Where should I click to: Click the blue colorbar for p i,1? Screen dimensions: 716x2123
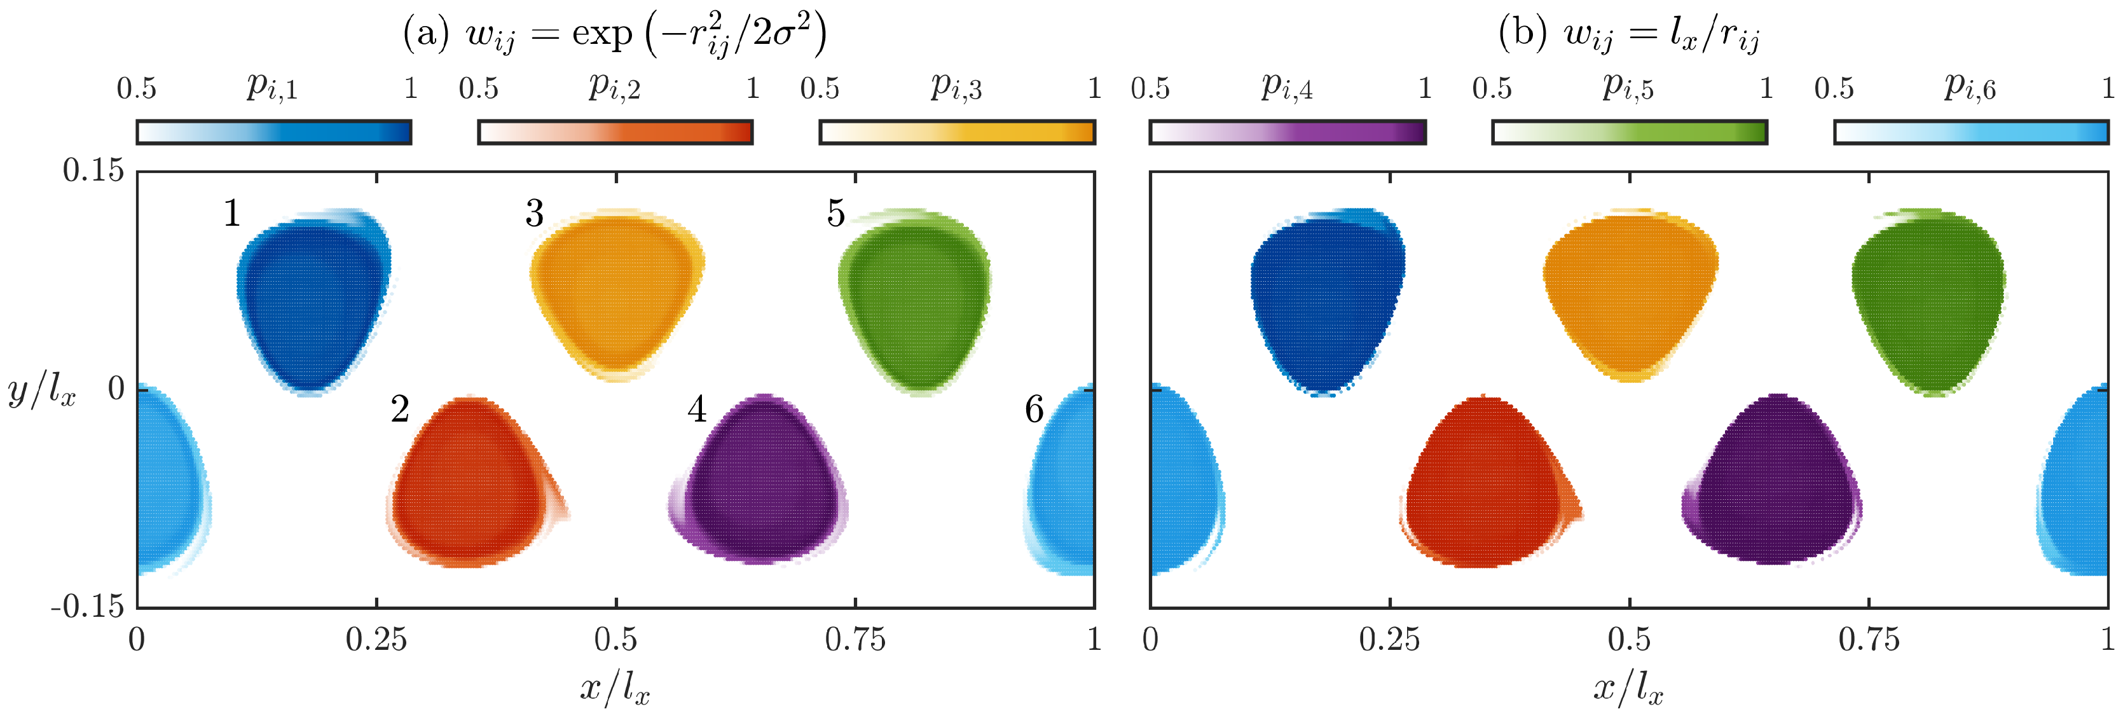(273, 132)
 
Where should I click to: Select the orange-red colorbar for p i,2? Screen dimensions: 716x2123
(615, 132)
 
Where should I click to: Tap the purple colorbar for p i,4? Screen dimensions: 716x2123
(1288, 132)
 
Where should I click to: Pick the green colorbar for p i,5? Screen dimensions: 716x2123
(1630, 132)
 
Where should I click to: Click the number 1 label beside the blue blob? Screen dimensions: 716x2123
(233, 214)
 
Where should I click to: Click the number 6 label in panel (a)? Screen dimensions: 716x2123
(1033, 410)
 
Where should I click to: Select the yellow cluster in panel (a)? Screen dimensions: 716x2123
(617, 293)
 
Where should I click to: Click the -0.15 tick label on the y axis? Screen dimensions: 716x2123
(87, 607)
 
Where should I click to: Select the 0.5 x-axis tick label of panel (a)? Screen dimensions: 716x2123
(615, 639)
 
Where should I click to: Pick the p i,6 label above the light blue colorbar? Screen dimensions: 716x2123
(1970, 86)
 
